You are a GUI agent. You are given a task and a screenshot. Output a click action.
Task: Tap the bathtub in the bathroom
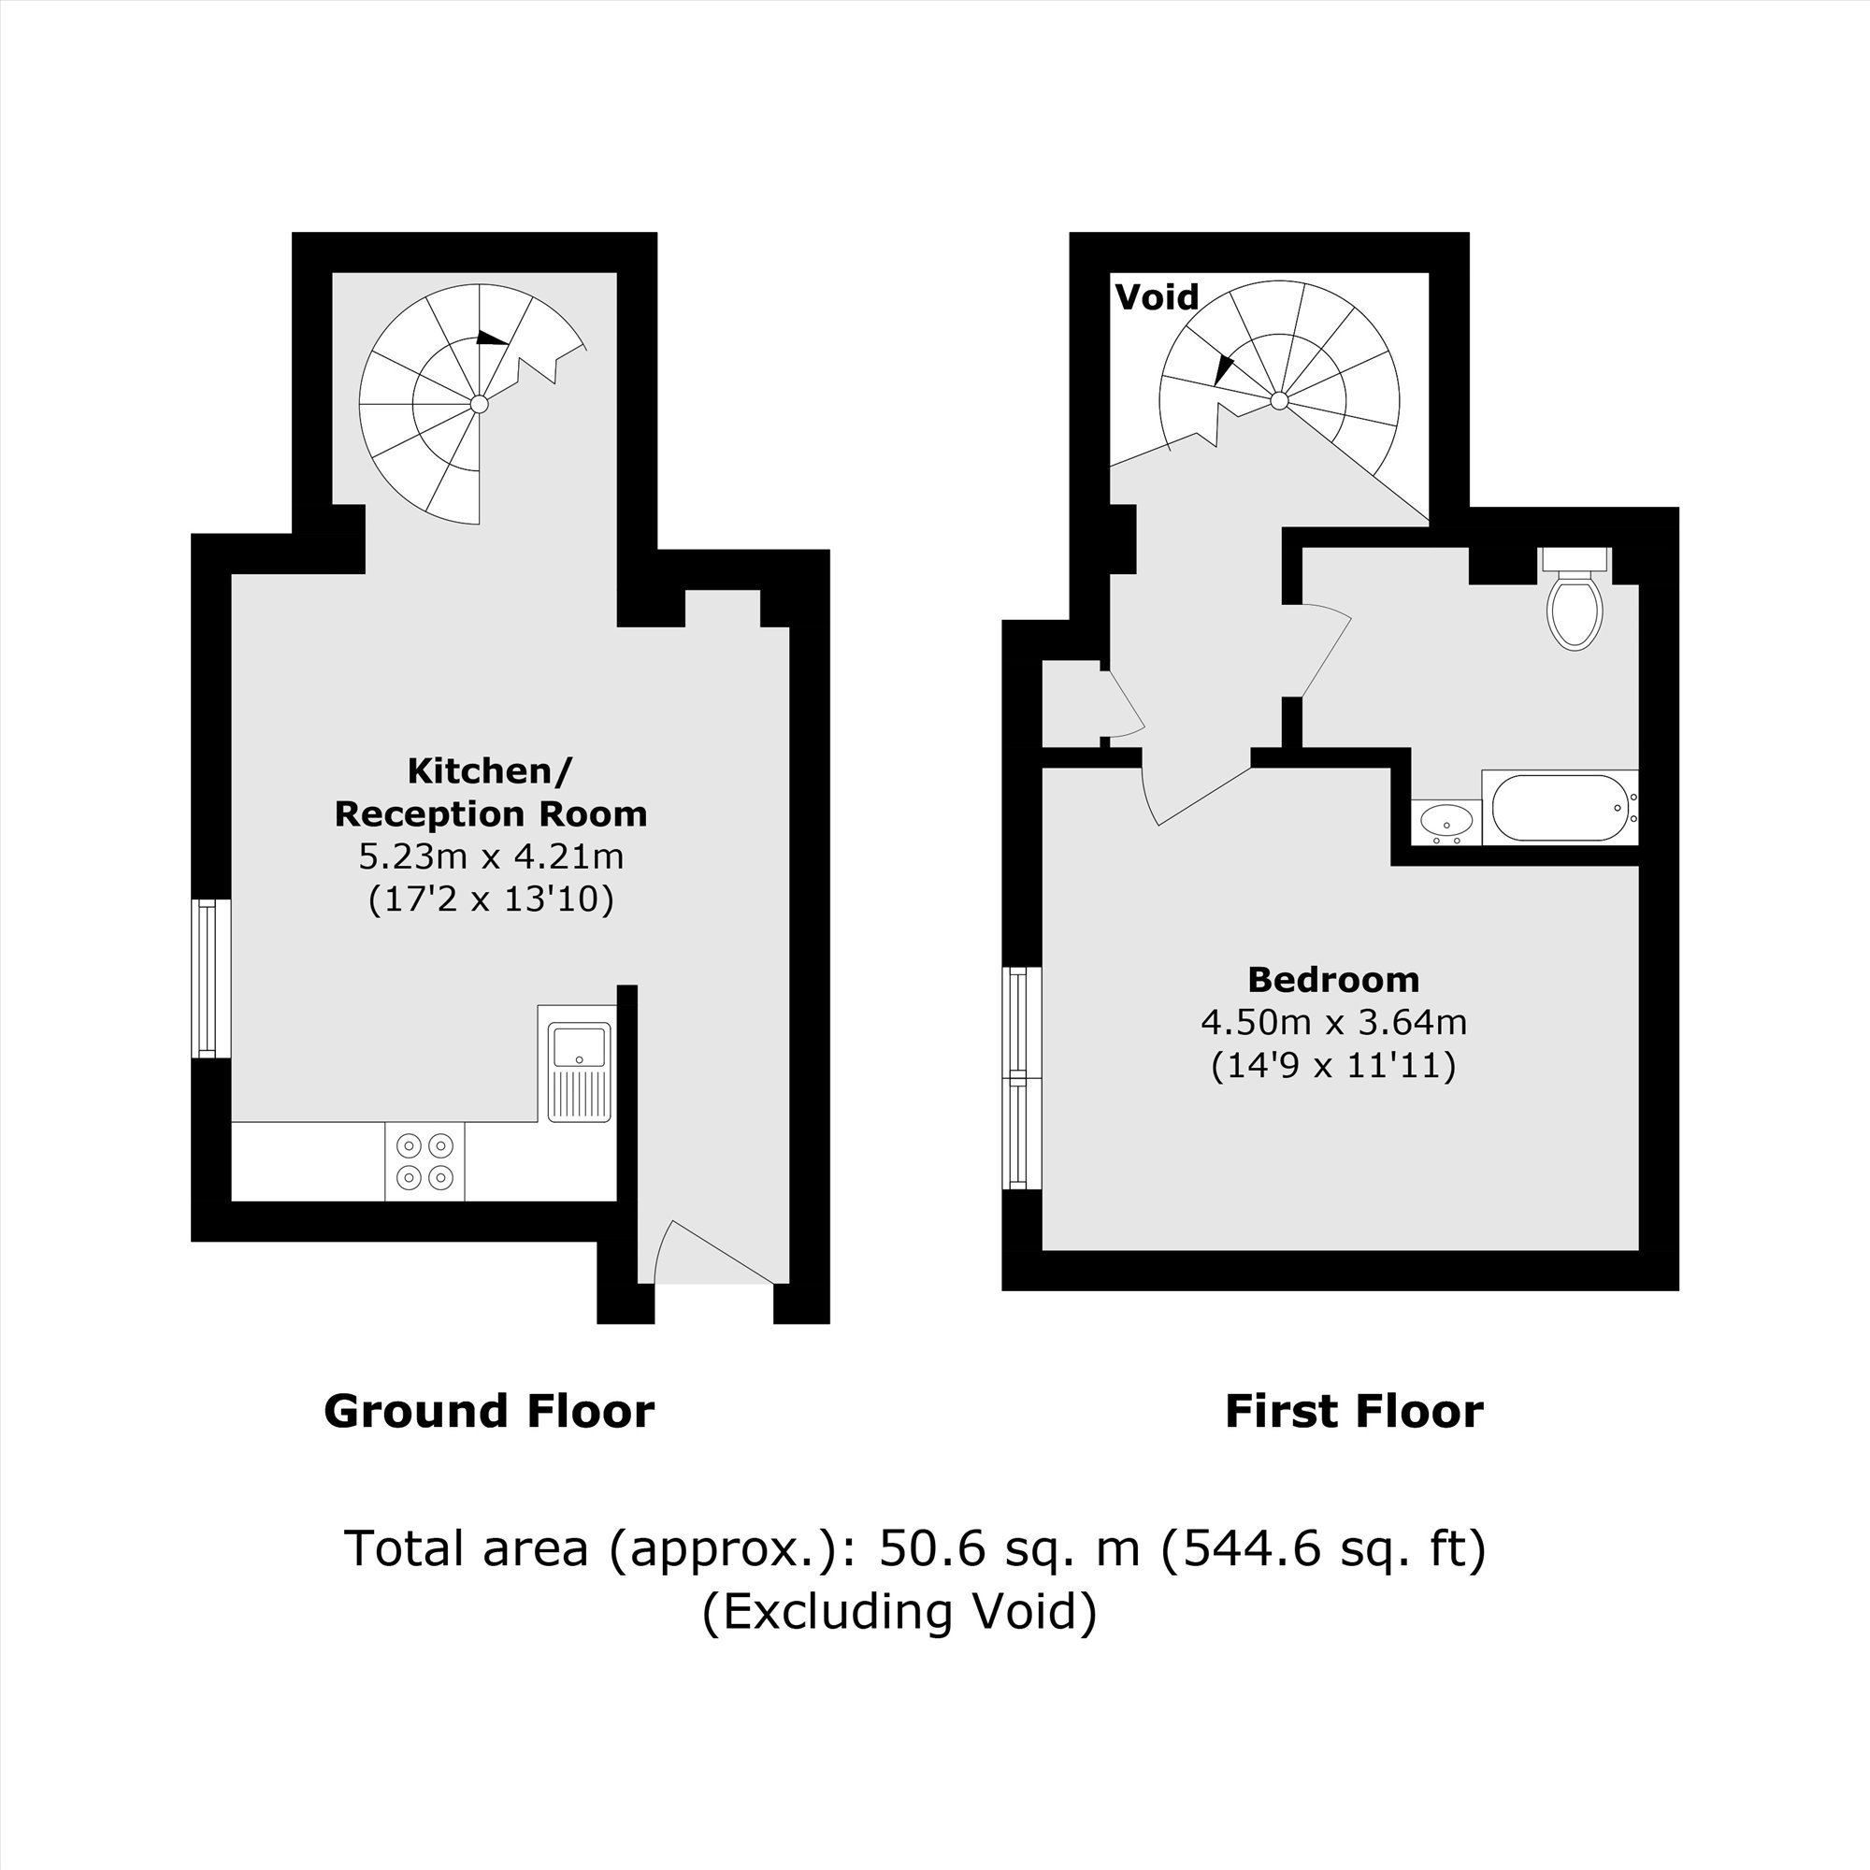coord(1560,807)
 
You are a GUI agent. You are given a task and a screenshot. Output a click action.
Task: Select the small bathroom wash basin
coord(1446,823)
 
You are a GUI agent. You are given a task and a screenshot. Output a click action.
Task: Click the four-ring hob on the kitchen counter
coord(424,1160)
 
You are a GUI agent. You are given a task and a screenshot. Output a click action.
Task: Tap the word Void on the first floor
coord(1157,297)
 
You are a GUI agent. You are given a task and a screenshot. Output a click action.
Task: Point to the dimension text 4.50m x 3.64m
coord(1334,1022)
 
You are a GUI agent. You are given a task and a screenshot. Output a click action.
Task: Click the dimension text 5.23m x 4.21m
coord(491,856)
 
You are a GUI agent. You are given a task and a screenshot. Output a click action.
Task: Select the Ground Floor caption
coord(489,1411)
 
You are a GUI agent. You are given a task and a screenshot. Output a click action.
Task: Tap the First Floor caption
coord(1353,1411)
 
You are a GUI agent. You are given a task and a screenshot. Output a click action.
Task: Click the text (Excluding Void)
coord(899,1612)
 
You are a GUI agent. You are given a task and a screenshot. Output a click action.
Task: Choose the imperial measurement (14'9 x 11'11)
coord(1334,1066)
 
